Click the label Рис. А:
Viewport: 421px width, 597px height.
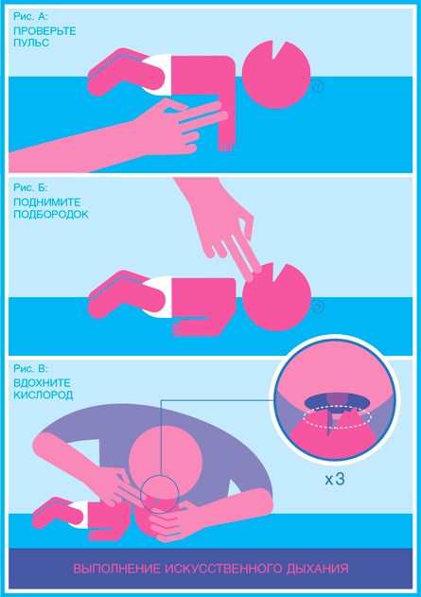30,16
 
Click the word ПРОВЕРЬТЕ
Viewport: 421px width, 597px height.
44,31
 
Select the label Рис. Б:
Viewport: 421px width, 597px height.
30,187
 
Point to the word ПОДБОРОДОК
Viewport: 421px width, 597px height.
51,215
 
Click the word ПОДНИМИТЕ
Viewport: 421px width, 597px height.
46,202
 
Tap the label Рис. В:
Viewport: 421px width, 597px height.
30,368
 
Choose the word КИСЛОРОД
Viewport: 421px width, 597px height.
43,395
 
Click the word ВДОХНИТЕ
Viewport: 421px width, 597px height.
42,382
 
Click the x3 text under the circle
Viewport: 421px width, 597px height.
335,479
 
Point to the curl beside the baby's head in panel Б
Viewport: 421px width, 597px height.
318,307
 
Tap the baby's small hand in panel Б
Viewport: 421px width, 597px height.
178,328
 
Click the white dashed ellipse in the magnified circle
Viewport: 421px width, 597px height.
337,417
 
